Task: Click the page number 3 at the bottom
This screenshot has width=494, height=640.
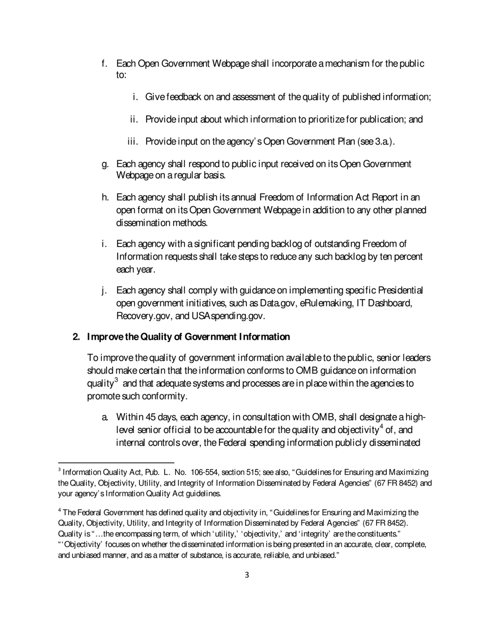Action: point(246,575)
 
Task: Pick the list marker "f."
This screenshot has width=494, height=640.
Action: point(104,63)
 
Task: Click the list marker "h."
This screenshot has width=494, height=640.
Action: point(104,197)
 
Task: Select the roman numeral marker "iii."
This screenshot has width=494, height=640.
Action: point(134,142)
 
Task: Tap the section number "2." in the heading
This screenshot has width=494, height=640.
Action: point(76,337)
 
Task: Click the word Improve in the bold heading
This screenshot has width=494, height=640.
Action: point(103,337)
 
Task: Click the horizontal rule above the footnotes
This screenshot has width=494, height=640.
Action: point(115,462)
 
